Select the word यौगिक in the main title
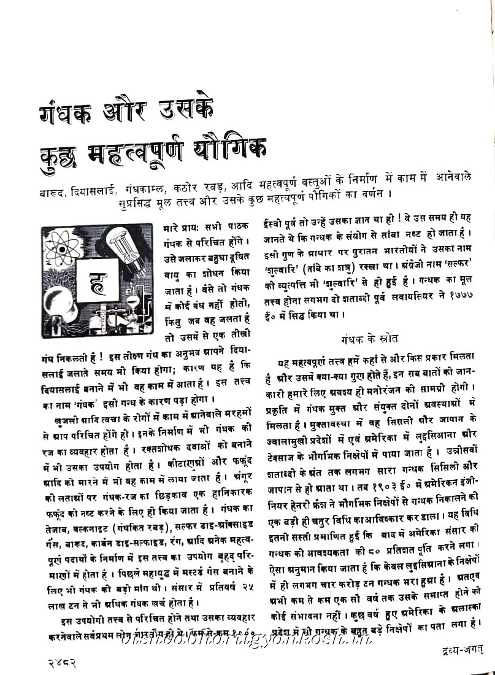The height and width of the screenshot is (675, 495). (231, 148)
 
